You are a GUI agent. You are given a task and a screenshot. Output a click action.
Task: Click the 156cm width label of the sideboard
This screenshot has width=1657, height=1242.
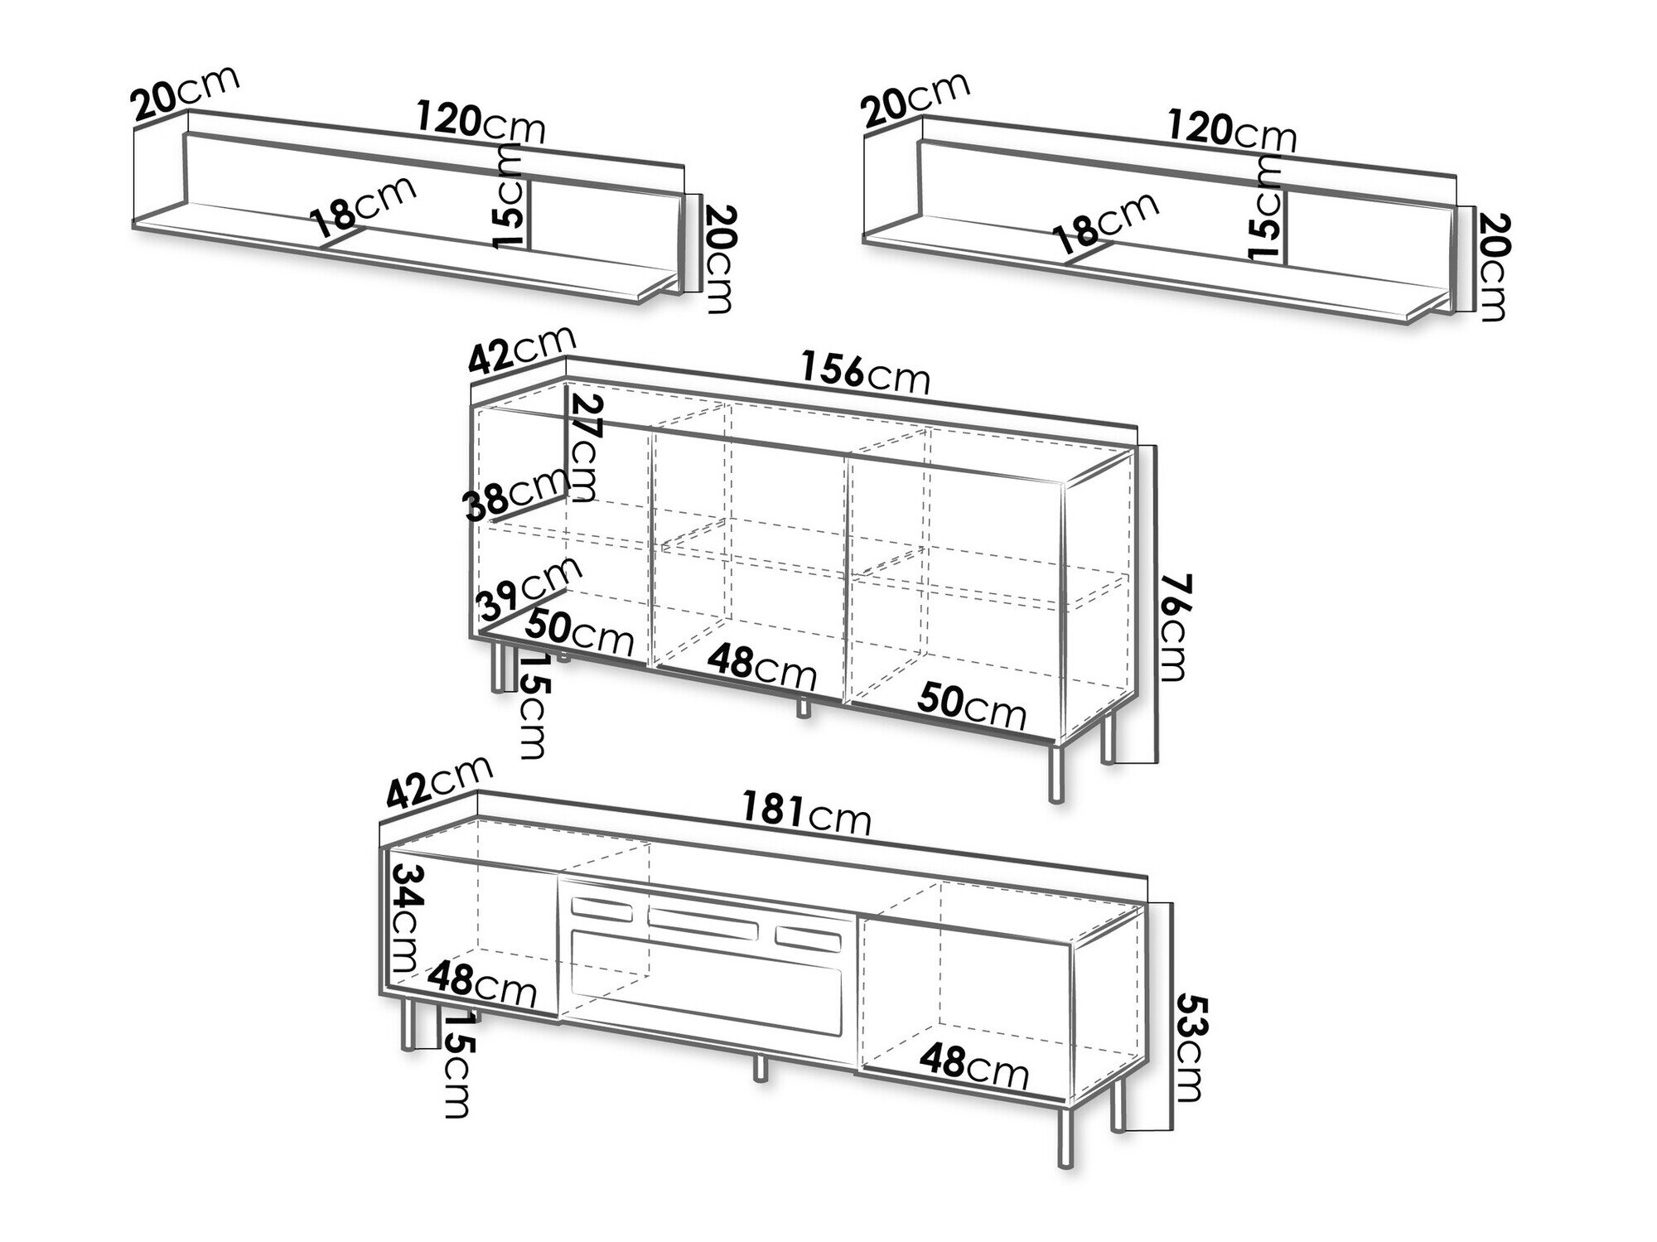tap(865, 373)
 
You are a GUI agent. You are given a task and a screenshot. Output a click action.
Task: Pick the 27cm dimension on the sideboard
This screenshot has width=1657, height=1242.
tap(585, 447)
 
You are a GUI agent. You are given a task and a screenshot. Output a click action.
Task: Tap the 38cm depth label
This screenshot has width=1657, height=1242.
tap(514, 497)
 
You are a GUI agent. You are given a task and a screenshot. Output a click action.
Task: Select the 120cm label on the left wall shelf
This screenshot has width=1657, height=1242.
tap(480, 123)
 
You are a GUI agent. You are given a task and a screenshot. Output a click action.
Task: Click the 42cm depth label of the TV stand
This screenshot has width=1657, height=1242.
tap(438, 781)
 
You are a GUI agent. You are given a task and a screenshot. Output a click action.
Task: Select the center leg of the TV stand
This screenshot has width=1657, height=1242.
tap(758, 1068)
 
